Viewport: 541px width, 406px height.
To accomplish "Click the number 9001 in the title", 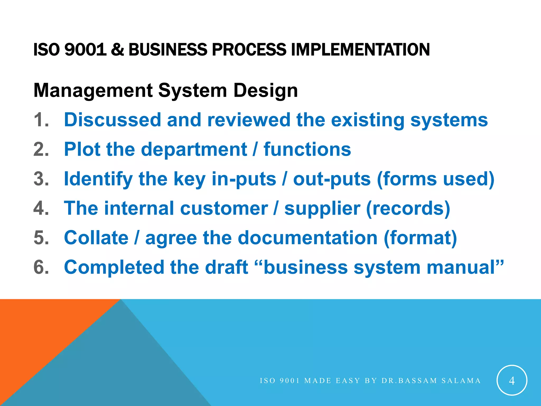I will pyautogui.click(x=85, y=50).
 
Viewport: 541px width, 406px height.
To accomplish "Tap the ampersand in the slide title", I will pyautogui.click(x=117, y=50).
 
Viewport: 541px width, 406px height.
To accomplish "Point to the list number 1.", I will pyautogui.click(x=41, y=120).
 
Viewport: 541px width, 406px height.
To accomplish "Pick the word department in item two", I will pyautogui.click(x=194, y=150).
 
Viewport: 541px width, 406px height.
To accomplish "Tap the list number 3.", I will pyautogui.click(x=41, y=179).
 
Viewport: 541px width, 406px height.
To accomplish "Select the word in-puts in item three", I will pyautogui.click(x=244, y=179).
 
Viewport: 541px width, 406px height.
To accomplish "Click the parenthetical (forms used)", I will pyautogui.click(x=436, y=179).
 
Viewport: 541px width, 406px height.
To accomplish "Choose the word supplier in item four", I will pyautogui.click(x=322, y=209).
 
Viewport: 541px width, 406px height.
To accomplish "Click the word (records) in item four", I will pyautogui.click(x=408, y=209).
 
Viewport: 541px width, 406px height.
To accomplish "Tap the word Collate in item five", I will pyautogui.click(x=96, y=238).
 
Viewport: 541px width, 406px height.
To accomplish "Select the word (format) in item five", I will pyautogui.click(x=420, y=238).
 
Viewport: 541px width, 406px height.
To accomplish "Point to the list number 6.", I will pyautogui.click(x=41, y=267).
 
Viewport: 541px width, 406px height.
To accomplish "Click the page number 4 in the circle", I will pyautogui.click(x=512, y=381).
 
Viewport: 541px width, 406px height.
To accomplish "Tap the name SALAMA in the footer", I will pyautogui.click(x=461, y=381).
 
